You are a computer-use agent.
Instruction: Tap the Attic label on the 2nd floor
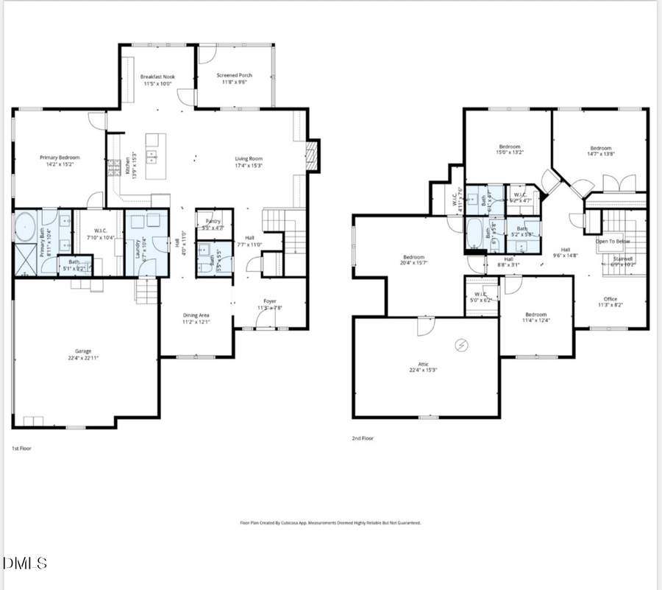tap(424, 365)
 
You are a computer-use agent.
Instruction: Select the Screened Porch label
tap(235, 75)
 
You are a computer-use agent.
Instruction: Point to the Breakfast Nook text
tap(158, 77)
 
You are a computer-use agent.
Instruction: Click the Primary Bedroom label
tap(60, 158)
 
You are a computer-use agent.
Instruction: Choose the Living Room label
tap(249, 158)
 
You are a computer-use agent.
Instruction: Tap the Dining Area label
tap(196, 315)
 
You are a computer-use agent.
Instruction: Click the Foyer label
tap(269, 301)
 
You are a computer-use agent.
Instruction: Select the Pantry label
tap(214, 220)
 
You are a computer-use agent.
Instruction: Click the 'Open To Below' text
tap(612, 241)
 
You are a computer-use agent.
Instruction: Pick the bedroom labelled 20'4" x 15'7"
tap(414, 257)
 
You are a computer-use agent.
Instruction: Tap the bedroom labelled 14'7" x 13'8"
tap(599, 148)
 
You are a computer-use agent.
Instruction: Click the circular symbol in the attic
tap(462, 344)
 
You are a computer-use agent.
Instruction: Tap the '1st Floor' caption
tap(21, 448)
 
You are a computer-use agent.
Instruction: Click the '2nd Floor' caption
tap(363, 438)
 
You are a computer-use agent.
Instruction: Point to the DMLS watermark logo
tap(25, 563)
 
